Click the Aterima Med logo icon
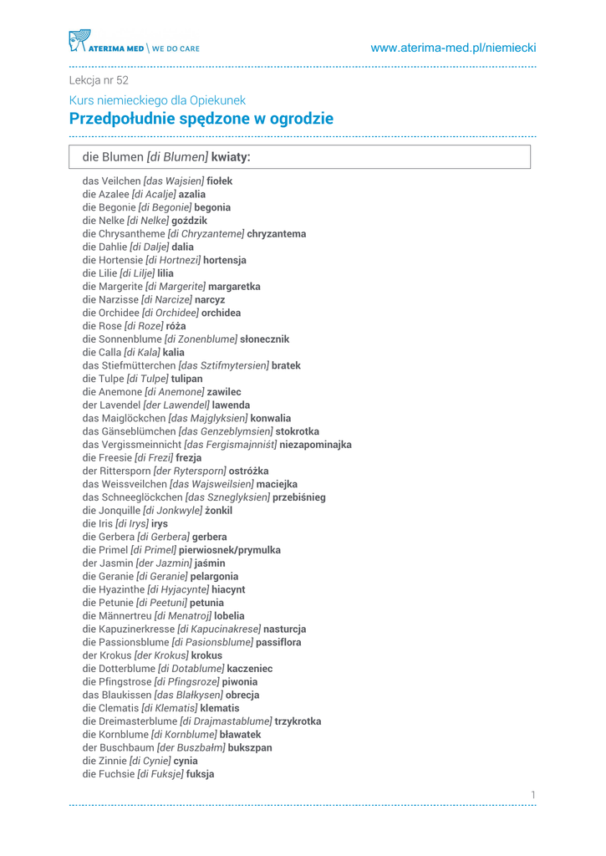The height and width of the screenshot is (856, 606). (x=79, y=41)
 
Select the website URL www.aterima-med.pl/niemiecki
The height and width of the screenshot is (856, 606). (x=453, y=48)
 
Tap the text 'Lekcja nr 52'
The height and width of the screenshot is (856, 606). (x=99, y=80)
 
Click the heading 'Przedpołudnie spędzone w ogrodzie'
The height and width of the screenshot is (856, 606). (x=201, y=119)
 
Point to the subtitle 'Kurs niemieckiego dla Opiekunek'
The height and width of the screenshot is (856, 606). (x=157, y=100)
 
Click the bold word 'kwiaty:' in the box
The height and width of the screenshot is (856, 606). (x=231, y=156)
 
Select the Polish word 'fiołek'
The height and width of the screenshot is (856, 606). (x=220, y=181)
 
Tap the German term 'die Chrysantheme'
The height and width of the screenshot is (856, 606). (x=124, y=234)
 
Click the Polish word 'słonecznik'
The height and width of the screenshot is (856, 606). (x=264, y=339)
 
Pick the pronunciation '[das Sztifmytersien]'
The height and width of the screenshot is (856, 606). (x=223, y=365)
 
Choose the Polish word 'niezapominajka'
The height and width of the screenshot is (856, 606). (x=315, y=445)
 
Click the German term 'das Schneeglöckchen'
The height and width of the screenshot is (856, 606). (x=132, y=497)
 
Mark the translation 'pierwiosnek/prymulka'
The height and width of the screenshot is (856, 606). (x=230, y=550)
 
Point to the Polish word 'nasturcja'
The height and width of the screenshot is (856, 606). (x=285, y=629)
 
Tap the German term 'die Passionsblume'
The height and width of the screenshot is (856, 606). (x=125, y=642)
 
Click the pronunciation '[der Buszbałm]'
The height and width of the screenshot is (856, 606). (x=191, y=747)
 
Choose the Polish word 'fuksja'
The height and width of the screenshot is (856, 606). (x=200, y=774)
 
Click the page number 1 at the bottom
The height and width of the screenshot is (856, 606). (x=532, y=794)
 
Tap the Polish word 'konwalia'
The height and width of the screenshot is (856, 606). (x=271, y=418)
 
